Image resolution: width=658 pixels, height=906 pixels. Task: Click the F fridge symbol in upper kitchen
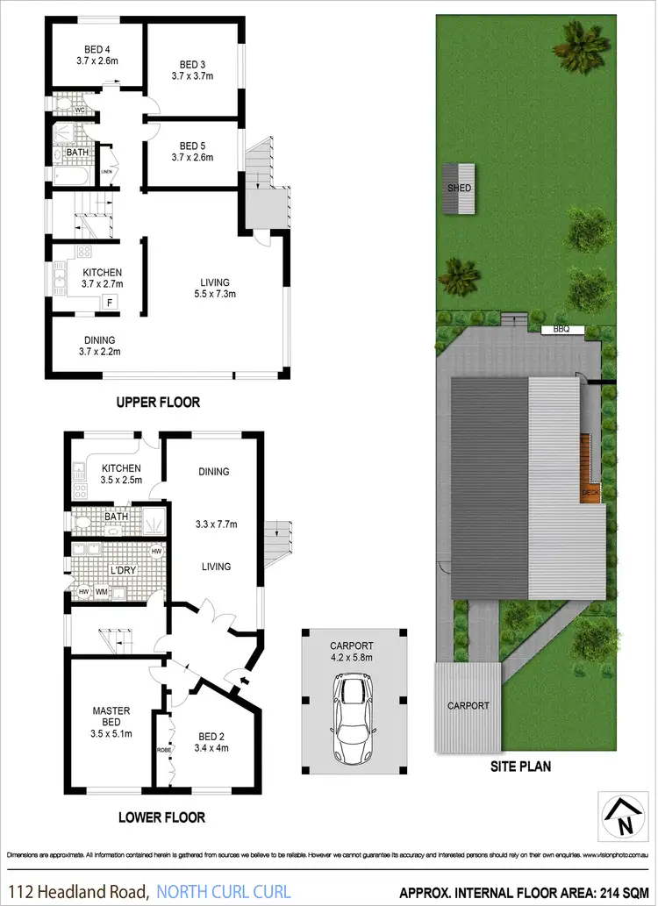[110, 302]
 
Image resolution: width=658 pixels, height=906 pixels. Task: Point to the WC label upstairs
[79, 111]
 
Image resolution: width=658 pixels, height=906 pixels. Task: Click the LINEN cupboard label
[107, 171]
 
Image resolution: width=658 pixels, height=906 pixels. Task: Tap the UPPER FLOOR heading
[158, 403]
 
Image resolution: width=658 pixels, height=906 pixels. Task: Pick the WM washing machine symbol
[101, 593]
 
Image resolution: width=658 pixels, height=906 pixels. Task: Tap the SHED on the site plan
[460, 189]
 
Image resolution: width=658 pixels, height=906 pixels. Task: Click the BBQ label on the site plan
[561, 330]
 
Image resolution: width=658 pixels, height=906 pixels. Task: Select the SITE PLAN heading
[521, 766]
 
